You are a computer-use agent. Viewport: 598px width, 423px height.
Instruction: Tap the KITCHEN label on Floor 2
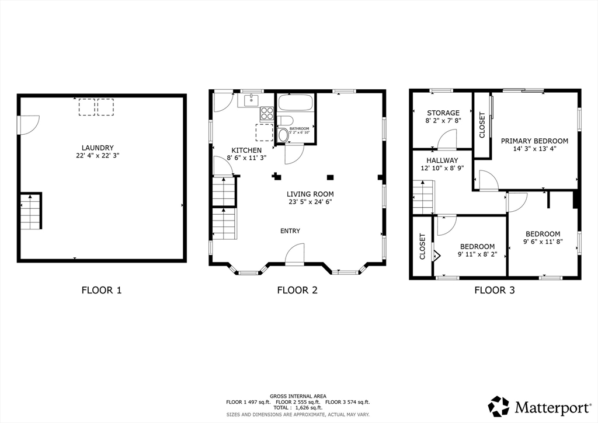[x=247, y=151]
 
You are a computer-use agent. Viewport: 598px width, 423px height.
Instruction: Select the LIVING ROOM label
[x=310, y=194]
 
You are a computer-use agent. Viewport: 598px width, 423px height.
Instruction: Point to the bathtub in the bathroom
[x=296, y=103]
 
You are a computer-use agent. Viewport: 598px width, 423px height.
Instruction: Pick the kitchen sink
[x=251, y=100]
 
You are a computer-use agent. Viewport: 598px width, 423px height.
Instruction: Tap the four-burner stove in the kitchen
[x=267, y=114]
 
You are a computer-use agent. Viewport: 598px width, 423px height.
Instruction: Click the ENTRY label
[x=290, y=231]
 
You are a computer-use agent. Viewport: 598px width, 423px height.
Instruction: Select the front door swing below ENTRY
[x=294, y=254]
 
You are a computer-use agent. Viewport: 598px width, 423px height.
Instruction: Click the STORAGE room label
[x=443, y=113]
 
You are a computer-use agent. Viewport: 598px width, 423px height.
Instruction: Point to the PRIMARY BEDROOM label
[x=534, y=141]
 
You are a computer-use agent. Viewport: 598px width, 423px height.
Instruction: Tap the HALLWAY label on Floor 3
[x=442, y=160]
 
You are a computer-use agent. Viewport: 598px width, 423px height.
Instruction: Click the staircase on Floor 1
[x=31, y=211]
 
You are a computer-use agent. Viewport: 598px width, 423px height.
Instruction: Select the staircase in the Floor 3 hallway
[x=424, y=197]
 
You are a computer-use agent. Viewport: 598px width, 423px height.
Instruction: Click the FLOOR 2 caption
[x=297, y=291]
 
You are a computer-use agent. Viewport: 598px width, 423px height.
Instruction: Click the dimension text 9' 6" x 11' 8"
[x=543, y=241]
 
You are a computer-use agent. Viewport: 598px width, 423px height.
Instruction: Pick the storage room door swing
[x=447, y=139]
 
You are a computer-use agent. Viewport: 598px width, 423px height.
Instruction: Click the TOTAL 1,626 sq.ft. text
[x=298, y=407]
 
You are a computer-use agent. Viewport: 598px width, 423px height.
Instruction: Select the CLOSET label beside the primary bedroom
[x=482, y=125]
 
